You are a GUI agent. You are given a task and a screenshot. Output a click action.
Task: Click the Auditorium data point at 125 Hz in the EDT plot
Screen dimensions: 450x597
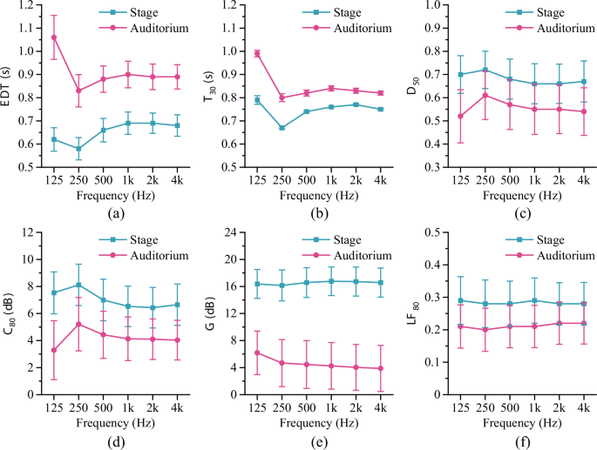(x=54, y=37)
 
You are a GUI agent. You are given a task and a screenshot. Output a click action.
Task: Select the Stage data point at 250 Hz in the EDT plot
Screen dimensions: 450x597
(x=79, y=148)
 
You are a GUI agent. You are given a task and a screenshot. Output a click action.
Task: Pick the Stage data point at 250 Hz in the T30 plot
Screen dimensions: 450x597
(x=282, y=128)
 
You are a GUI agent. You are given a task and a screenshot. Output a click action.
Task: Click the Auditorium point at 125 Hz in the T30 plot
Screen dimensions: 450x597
(x=256, y=53)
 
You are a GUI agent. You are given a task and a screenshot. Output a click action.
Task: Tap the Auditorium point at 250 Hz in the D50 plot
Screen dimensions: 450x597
(x=484, y=95)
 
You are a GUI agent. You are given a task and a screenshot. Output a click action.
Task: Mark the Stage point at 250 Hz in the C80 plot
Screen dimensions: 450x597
(x=79, y=285)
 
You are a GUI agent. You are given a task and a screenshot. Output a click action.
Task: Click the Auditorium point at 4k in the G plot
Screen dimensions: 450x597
(x=382, y=368)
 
